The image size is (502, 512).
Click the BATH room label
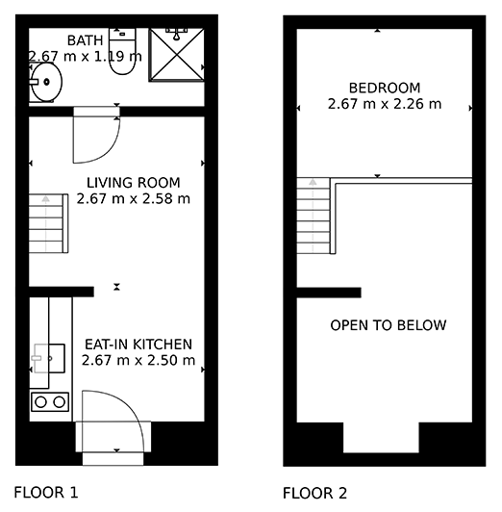click(85, 40)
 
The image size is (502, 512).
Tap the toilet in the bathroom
click(122, 51)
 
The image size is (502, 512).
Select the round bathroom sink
click(46, 82)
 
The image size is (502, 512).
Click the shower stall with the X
click(176, 55)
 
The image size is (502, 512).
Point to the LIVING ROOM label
click(134, 183)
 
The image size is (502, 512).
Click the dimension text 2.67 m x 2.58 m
click(134, 198)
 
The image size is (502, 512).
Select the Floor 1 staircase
click(49, 223)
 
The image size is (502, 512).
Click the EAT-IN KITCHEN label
click(138, 345)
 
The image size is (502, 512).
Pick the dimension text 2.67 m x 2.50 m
click(138, 360)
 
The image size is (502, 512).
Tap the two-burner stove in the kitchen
click(50, 402)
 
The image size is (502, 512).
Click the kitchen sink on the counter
click(49, 358)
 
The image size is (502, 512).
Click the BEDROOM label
click(385, 89)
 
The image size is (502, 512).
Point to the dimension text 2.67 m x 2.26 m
click(385, 104)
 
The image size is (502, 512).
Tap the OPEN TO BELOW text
click(389, 325)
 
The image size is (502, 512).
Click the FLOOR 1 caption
click(46, 492)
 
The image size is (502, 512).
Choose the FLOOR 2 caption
click(314, 493)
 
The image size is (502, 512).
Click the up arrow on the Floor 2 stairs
click(313, 182)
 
